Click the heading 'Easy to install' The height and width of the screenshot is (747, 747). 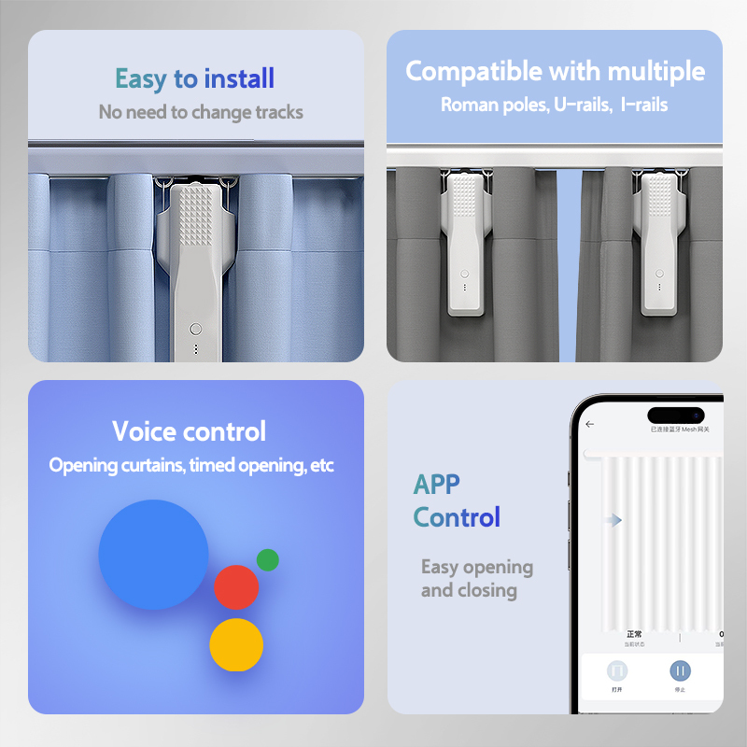(194, 78)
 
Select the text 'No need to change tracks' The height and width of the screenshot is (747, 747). (201, 112)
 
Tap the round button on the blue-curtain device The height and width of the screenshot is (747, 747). (195, 329)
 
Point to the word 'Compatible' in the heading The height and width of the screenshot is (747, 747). (473, 71)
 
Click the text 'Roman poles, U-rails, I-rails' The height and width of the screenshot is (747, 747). (554, 105)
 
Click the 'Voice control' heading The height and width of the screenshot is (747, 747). (190, 431)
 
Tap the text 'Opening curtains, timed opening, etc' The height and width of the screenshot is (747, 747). (191, 465)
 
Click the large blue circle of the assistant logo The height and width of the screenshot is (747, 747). (154, 555)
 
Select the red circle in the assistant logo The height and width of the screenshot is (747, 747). (236, 587)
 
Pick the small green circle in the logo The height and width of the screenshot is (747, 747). (268, 559)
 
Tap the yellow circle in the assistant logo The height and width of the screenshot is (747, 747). (236, 644)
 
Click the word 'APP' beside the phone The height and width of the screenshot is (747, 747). (437, 485)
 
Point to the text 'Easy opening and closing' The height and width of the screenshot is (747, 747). (476, 578)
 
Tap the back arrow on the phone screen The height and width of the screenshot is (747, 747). (589, 424)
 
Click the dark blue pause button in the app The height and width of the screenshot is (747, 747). (680, 670)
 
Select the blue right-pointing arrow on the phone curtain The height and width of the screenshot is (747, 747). (613, 520)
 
